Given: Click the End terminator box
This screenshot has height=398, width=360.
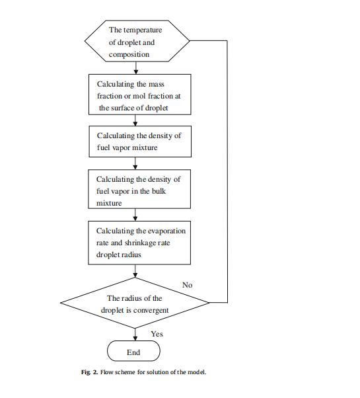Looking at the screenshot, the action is click(x=133, y=351).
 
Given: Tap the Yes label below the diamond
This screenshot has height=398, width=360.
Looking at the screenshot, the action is click(x=157, y=334).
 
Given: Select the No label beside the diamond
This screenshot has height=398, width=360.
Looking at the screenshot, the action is click(x=188, y=285).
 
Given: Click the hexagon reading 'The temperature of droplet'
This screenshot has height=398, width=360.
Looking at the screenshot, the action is click(x=137, y=41).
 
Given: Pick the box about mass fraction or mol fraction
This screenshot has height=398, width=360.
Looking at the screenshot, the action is click(x=139, y=95).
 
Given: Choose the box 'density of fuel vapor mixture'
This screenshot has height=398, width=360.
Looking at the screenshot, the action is click(x=140, y=141).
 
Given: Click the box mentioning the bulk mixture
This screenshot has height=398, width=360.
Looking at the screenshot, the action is click(x=139, y=189).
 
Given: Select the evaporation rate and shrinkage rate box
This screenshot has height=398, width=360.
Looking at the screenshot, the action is click(x=139, y=243).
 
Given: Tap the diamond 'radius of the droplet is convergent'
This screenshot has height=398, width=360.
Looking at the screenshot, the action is click(x=135, y=303).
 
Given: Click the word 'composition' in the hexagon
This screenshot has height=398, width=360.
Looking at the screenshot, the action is click(x=129, y=54).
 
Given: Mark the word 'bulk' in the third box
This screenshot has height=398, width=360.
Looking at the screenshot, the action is click(x=159, y=191).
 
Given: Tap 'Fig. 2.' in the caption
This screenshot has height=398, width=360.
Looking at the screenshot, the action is click(x=89, y=372).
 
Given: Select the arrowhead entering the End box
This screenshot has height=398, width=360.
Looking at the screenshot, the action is click(x=135, y=338).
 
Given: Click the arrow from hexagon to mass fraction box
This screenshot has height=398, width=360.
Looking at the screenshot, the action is click(x=136, y=68).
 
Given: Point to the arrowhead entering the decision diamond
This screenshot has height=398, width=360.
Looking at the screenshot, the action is click(x=135, y=275).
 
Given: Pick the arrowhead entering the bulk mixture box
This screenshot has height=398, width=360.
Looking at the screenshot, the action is click(x=135, y=167).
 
